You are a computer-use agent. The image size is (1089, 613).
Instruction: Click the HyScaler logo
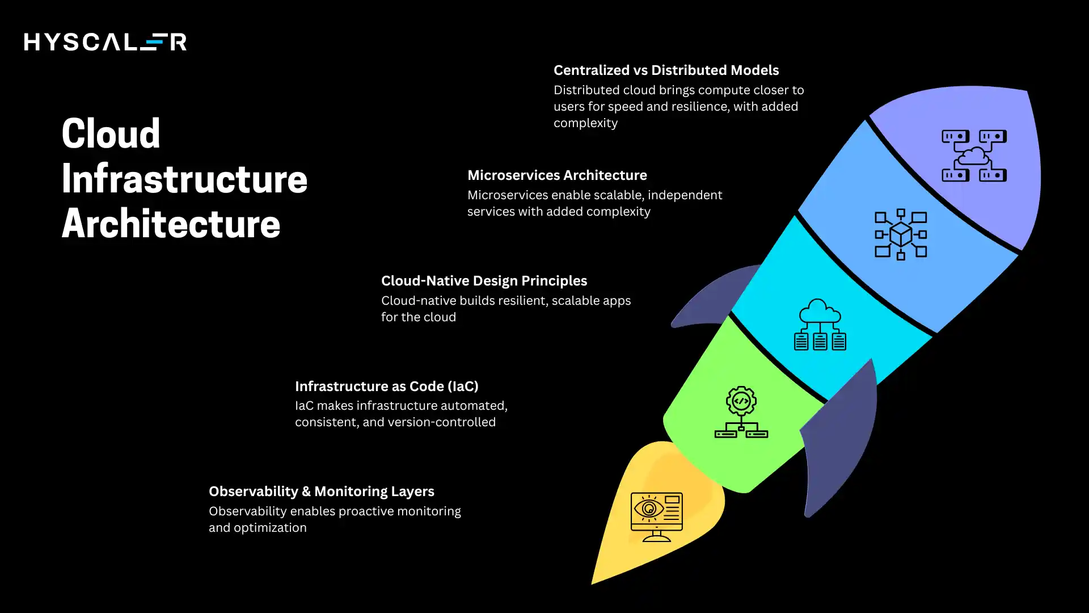point(105,42)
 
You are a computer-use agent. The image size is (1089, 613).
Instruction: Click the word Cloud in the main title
point(111,134)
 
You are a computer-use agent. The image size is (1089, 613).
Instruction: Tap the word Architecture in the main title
point(171,224)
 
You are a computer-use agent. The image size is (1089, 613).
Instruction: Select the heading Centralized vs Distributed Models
point(666,70)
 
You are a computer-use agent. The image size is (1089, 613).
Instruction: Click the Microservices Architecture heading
point(557,175)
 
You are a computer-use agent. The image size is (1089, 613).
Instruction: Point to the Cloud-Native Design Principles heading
point(484,281)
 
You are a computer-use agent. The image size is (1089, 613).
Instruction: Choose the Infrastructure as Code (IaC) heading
point(386,387)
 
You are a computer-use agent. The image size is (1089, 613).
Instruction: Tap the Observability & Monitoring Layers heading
point(321,492)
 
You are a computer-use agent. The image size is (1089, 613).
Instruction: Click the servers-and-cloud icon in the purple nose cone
point(974,156)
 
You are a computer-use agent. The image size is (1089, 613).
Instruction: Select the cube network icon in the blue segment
point(901,234)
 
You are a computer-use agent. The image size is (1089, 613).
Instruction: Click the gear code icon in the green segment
point(741,412)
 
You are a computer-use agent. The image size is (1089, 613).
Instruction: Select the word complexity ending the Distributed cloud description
point(585,123)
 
